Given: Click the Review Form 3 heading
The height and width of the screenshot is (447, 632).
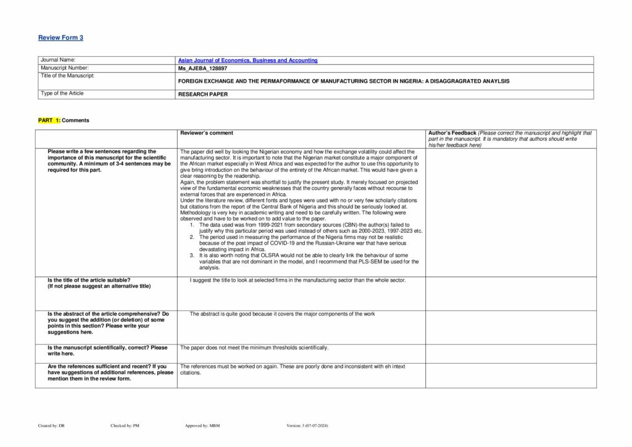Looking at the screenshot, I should (60, 38).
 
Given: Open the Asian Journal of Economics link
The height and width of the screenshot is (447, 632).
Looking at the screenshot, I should (247, 61).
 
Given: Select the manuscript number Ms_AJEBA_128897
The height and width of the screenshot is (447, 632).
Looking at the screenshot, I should (202, 68).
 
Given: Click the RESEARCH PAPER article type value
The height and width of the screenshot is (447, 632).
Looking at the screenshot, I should (202, 94).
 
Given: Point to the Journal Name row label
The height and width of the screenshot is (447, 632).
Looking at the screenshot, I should (58, 61).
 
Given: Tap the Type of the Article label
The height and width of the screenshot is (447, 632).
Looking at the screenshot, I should (62, 94).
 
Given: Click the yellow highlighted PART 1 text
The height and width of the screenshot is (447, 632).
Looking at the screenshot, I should (49, 120).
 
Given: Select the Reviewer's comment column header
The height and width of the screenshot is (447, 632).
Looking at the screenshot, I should (206, 133).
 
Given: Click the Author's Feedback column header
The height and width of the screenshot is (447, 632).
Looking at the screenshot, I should (452, 133).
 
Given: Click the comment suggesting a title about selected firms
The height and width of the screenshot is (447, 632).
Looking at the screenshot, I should (297, 280).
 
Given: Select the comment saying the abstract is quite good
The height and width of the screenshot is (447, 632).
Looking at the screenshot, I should (282, 314).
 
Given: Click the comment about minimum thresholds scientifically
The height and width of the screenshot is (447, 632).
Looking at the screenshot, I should (254, 348).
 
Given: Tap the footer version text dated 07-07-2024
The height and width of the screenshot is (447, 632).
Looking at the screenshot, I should (308, 425).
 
